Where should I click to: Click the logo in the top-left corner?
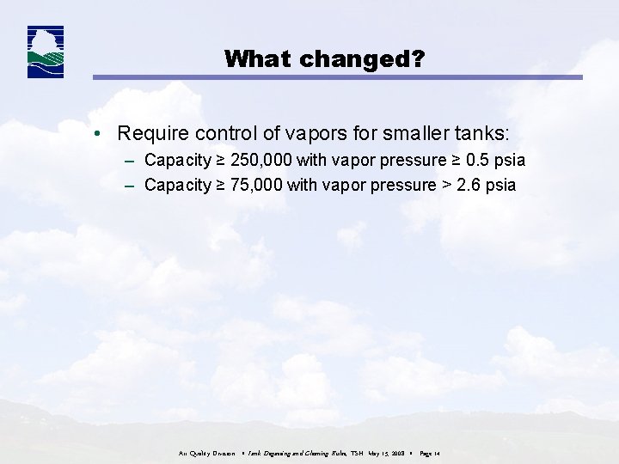click(x=46, y=52)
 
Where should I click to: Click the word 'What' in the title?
click(x=253, y=58)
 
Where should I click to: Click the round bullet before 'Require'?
click(x=101, y=134)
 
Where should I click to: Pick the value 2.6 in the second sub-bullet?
click(x=469, y=185)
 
